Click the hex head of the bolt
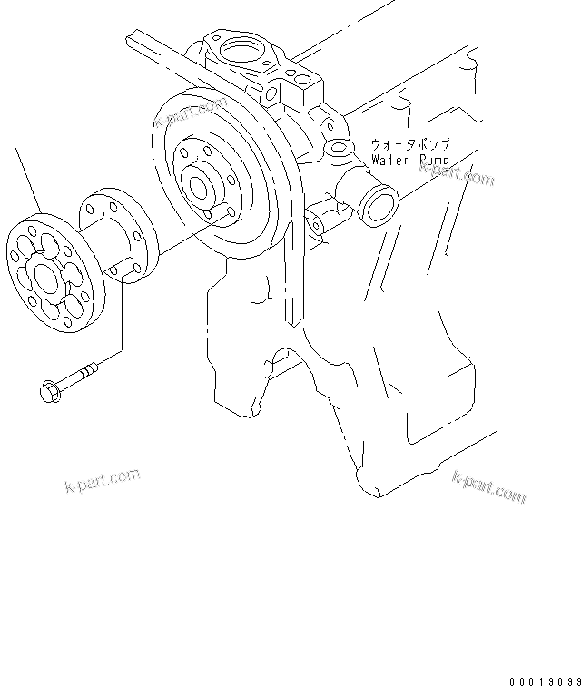48,391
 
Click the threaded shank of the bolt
79,376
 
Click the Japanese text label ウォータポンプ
411,144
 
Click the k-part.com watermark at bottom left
101,480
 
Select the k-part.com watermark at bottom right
488,486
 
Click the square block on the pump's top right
303,87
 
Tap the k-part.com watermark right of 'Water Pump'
463,173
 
